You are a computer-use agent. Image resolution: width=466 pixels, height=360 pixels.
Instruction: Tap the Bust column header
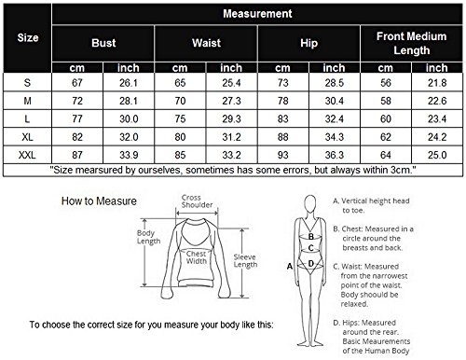(x=103, y=43)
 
